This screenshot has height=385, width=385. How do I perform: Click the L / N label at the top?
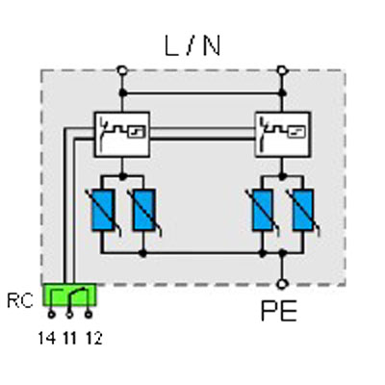pos(192,46)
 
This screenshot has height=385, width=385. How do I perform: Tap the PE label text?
pos(279,311)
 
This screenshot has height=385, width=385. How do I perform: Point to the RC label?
pos(20,301)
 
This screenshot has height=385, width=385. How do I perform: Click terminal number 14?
pos(47,338)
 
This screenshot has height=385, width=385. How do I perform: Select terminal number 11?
pos(70,338)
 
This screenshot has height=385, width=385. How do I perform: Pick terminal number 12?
pos(94,338)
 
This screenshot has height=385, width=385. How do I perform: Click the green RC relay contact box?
pos(69,295)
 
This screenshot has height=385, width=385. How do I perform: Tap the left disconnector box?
pos(122,134)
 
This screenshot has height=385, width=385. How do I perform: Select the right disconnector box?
pos(282,134)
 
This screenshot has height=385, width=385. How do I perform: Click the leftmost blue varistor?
pos(103,210)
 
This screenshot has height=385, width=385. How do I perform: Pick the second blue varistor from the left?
pos(144,210)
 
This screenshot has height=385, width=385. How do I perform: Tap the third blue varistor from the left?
pos(263,210)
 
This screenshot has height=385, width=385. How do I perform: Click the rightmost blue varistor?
pos(303,210)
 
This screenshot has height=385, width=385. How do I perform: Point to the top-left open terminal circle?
pos(121,70)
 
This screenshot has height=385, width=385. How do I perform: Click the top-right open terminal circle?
pos(282,70)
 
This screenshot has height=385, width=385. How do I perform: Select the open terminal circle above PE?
pos(282,284)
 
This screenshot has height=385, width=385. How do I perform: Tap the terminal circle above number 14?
pos(51,315)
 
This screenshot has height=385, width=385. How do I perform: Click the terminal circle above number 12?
pos(89,315)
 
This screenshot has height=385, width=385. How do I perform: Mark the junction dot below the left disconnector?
pos(122,176)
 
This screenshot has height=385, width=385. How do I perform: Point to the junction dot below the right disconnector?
pos(282,176)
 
